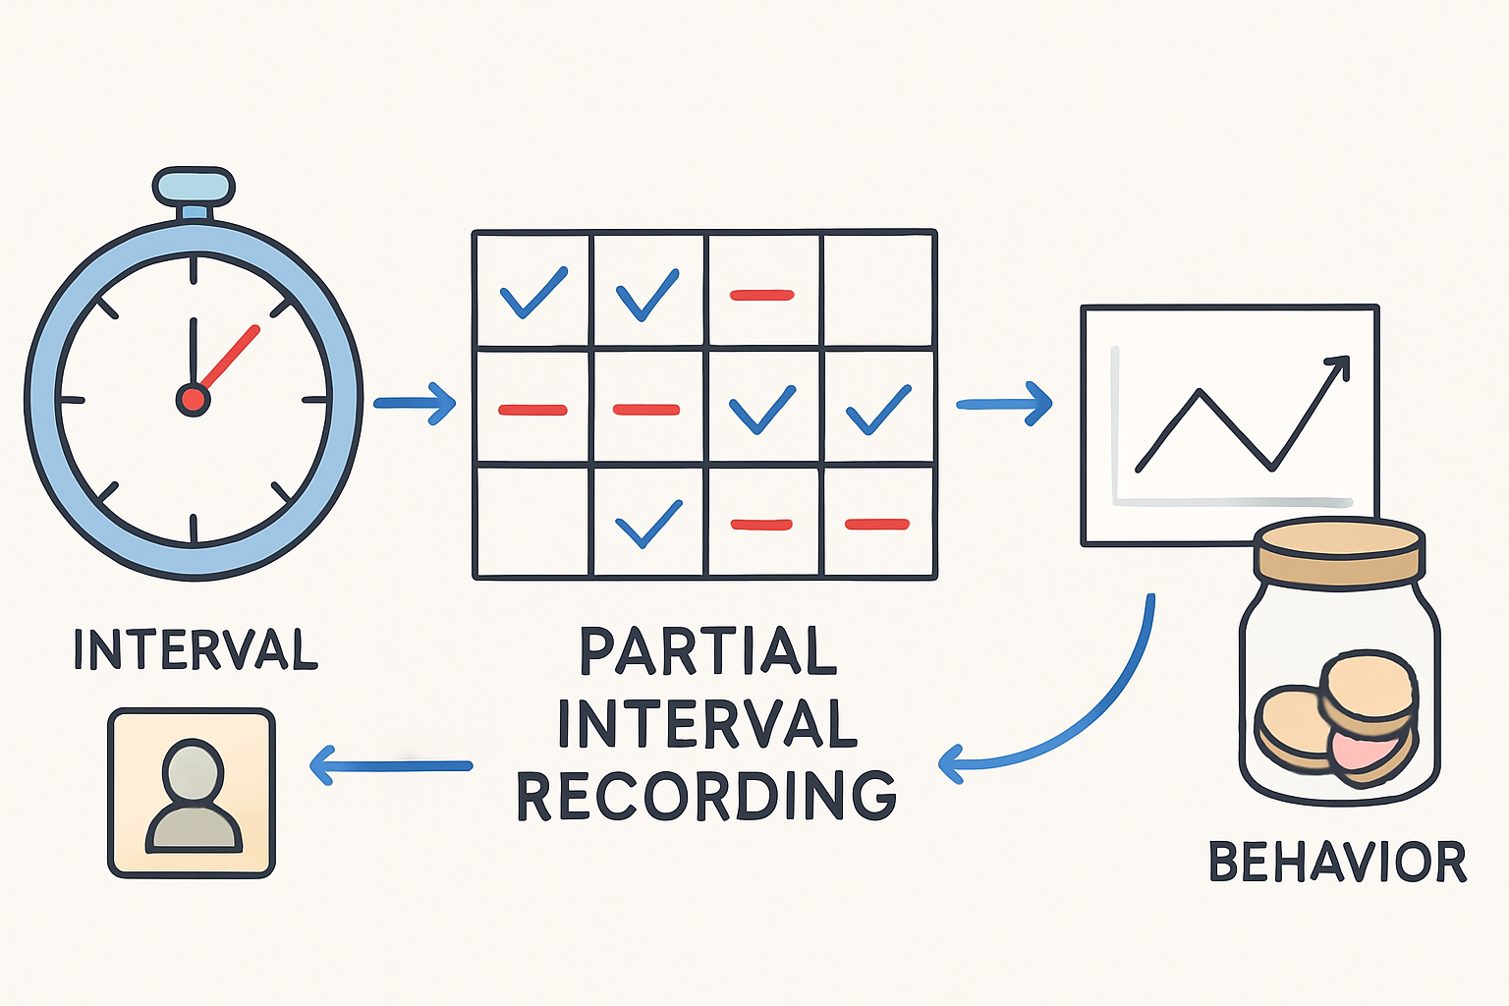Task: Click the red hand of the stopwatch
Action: [x=230, y=355]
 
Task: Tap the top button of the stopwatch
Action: [x=194, y=186]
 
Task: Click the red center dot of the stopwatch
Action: [x=193, y=399]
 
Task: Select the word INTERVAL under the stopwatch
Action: [x=196, y=649]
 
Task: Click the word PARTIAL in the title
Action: [x=707, y=651]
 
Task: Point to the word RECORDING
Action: [x=706, y=796]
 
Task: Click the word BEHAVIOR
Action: [x=1337, y=862]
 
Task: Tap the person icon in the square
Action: [x=193, y=794]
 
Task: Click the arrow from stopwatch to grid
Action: [x=416, y=403]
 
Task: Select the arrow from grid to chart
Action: [x=1004, y=403]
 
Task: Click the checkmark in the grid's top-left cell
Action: [x=533, y=292]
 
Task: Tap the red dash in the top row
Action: [x=761, y=294]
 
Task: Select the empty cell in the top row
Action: [x=877, y=291]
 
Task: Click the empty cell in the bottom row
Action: [x=532, y=521]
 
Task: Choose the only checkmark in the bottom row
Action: [x=647, y=523]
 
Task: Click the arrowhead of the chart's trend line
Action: [x=1338, y=366]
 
